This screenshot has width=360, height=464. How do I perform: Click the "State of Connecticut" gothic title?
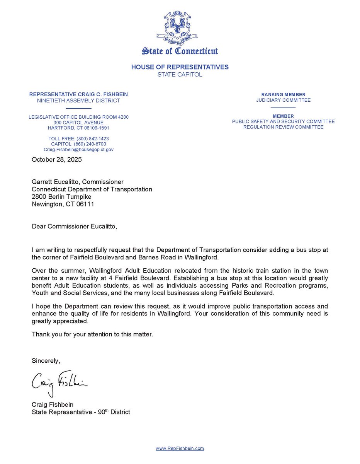click(180, 51)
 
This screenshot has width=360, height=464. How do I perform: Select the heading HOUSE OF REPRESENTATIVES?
click(180, 67)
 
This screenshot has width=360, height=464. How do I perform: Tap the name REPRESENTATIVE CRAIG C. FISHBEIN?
click(78, 94)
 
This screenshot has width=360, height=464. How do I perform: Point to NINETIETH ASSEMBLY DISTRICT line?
click(78, 101)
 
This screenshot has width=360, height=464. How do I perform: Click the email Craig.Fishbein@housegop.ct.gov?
click(78, 150)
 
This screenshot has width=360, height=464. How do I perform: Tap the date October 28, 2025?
click(57, 159)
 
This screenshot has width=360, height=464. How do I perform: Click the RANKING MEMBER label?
click(283, 94)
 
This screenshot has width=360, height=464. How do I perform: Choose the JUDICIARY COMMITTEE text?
click(283, 100)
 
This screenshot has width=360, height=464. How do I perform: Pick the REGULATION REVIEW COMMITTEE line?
click(283, 127)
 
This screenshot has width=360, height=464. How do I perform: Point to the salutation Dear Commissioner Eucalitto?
click(74, 226)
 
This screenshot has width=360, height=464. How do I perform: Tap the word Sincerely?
click(46, 361)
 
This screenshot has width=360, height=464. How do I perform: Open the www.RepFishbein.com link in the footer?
click(180, 449)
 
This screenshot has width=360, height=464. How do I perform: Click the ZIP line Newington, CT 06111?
click(63, 204)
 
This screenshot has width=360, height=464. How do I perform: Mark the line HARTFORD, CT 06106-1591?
click(78, 128)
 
